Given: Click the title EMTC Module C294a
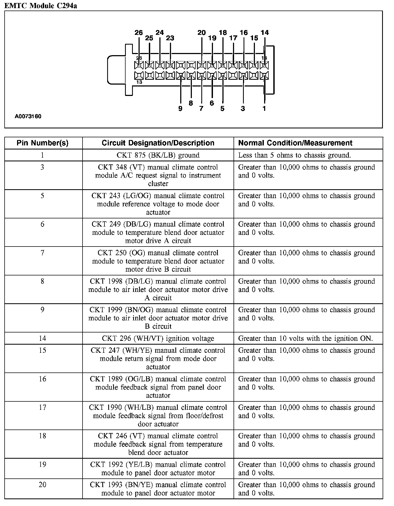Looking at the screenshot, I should click(x=41, y=6).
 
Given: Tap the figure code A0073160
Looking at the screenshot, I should click(x=28, y=117).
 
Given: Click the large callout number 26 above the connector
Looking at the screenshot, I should click(x=139, y=33).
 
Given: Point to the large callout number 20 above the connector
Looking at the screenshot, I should click(x=202, y=33).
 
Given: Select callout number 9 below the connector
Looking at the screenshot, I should click(x=180, y=109).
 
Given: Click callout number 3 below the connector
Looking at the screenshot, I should click(x=243, y=109).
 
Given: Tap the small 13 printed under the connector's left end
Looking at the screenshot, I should click(x=139, y=82).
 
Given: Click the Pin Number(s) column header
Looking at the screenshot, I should click(x=42, y=143).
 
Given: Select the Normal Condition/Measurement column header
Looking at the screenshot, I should click(x=295, y=143).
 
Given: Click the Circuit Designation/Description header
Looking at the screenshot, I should click(x=158, y=143).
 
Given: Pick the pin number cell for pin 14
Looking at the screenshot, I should click(x=42, y=338).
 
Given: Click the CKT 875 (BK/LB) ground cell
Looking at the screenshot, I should click(x=158, y=155).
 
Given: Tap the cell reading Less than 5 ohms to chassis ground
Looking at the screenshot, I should click(x=294, y=155).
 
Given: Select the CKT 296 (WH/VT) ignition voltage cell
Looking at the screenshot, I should click(x=158, y=338).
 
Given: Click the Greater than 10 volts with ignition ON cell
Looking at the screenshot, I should click(x=306, y=338).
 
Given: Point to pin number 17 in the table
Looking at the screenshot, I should click(x=42, y=407).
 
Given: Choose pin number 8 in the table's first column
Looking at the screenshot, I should click(x=42, y=281).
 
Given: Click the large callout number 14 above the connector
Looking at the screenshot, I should click(x=265, y=33).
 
